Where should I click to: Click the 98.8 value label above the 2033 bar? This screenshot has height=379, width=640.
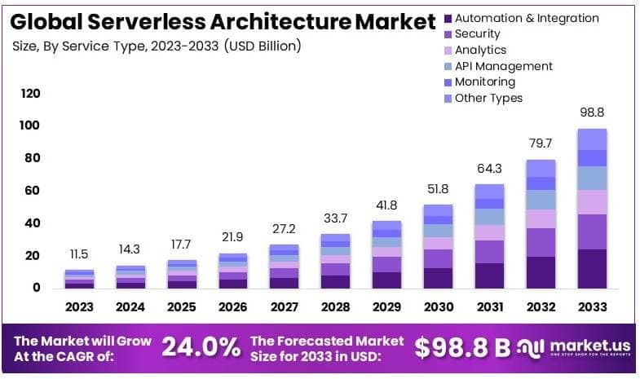pos(591,112)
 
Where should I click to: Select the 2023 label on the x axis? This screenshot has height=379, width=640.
pos(80,307)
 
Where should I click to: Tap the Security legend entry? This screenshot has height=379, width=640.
pos(477,34)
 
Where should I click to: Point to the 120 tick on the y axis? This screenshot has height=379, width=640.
pos(30,94)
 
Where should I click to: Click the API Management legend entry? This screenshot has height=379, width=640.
pos(503,66)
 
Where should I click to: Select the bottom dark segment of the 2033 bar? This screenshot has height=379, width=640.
pos(592,268)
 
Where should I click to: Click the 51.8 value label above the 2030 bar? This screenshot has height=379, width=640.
pos(439,189)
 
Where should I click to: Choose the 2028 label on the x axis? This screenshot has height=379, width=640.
pos(336,307)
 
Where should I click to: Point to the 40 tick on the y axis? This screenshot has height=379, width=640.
pos(31,223)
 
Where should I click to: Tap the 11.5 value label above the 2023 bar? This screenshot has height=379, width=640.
pos(80,254)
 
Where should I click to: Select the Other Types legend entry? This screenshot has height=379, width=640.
pos(488,98)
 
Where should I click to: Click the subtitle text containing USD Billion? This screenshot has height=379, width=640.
pos(155,46)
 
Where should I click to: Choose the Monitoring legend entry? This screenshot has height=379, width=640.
pos(484,82)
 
